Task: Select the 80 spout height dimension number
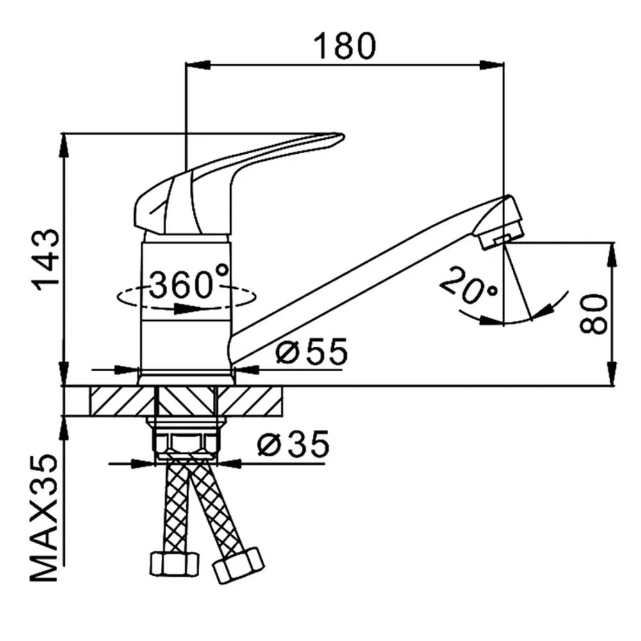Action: coord(593,314)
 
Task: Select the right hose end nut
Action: coord(238,565)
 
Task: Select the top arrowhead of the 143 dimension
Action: coord(64,145)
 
